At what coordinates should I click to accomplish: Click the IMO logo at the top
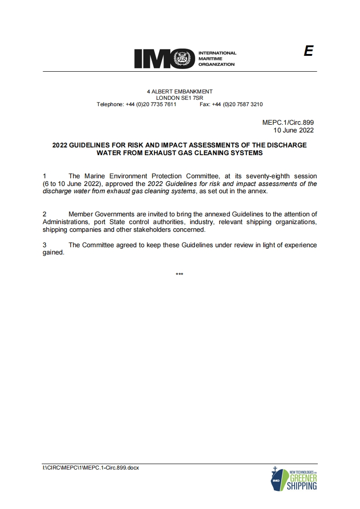[164, 59]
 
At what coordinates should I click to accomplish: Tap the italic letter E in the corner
[308, 51]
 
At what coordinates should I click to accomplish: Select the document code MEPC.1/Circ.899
[288, 122]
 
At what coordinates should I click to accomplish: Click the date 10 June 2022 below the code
[293, 130]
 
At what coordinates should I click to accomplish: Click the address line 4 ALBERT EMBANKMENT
[179, 92]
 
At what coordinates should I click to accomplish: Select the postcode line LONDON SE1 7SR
[179, 98]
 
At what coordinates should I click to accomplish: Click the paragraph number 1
[44, 176]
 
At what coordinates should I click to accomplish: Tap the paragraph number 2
[44, 214]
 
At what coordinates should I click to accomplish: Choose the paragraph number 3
[44, 245]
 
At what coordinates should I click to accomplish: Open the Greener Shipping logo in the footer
[294, 478]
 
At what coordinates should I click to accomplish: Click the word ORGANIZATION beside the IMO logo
[217, 64]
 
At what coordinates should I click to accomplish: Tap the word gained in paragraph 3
[53, 253]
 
